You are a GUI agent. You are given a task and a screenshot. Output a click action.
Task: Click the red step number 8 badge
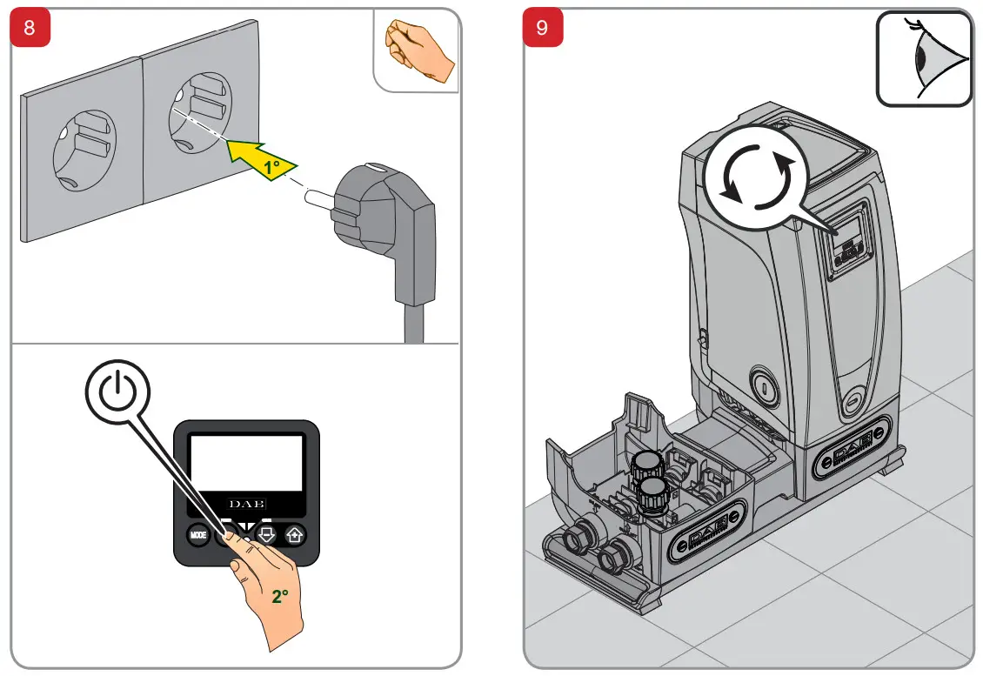click(x=30, y=27)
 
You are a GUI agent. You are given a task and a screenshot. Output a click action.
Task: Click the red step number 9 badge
click(x=543, y=27)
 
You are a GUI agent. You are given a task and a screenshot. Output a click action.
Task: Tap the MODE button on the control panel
click(x=197, y=535)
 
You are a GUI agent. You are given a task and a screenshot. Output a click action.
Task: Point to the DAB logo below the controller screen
click(x=247, y=504)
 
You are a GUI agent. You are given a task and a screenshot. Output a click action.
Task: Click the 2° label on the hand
click(x=279, y=597)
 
